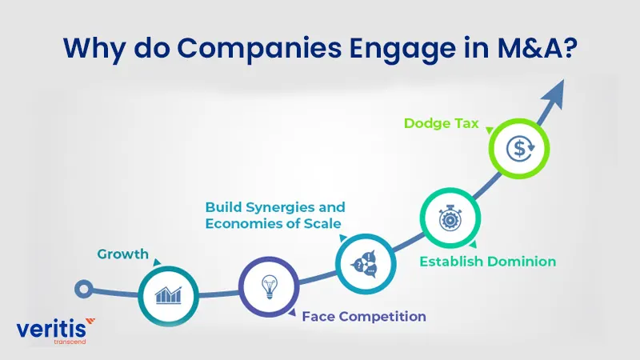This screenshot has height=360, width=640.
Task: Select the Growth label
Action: pyautogui.click(x=123, y=254)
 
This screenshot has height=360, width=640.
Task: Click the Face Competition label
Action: pyautogui.click(x=363, y=317)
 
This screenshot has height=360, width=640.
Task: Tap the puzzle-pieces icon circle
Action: pyautogui.click(x=364, y=262)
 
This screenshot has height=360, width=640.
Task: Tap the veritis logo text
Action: pyautogui.click(x=49, y=329)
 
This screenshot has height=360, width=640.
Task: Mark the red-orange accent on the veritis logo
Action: pyautogui.click(x=90, y=322)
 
